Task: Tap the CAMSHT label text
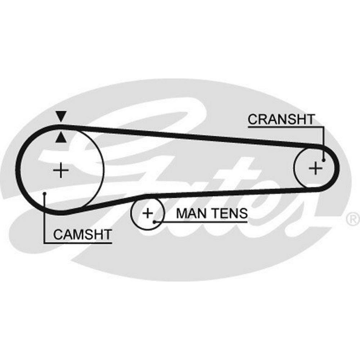coord(82,235)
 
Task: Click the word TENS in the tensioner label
coord(229,213)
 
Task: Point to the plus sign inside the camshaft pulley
coord(61,170)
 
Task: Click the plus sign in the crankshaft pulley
coord(315,168)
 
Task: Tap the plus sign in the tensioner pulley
coord(147,213)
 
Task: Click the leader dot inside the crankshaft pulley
coord(324,160)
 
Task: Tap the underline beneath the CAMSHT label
coord(77,242)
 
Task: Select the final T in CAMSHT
coord(107,235)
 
